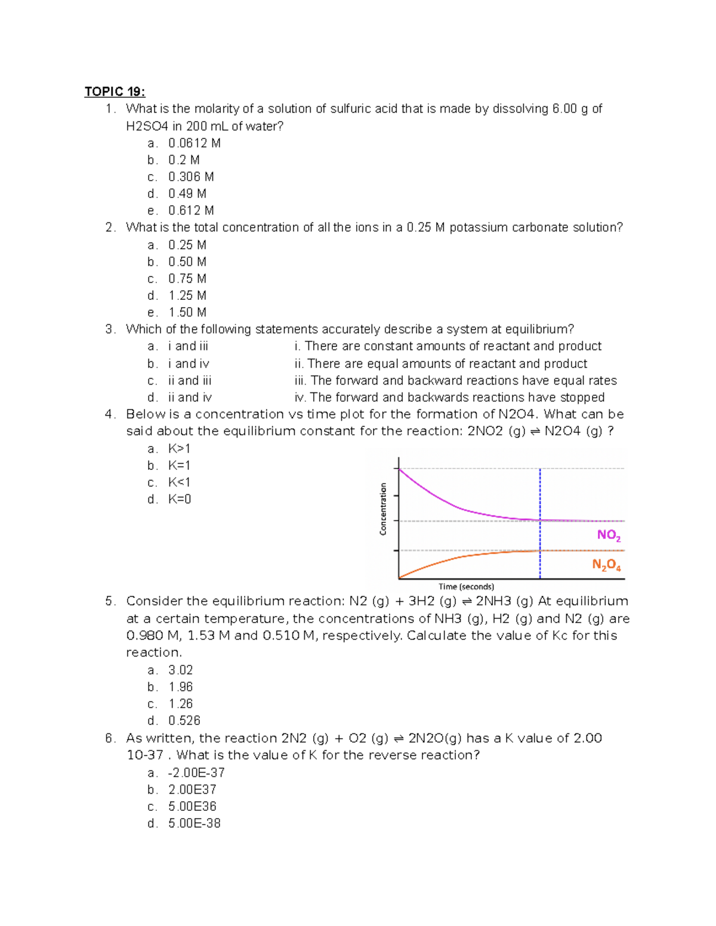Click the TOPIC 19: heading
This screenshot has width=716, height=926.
pyautogui.click(x=115, y=91)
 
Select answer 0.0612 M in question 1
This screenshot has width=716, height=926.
pyautogui.click(x=194, y=143)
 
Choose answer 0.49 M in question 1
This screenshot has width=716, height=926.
pyautogui.click(x=187, y=194)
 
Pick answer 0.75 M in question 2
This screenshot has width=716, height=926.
pyautogui.click(x=187, y=278)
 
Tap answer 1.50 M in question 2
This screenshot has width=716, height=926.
pyautogui.click(x=187, y=312)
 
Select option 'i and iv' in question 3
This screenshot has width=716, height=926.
pyautogui.click(x=189, y=364)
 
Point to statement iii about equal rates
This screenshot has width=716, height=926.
pyautogui.click(x=455, y=380)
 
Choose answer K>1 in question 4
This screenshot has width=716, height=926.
pyautogui.click(x=179, y=448)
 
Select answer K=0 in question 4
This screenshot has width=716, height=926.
pyautogui.click(x=179, y=499)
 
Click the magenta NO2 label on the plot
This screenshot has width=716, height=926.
pyautogui.click(x=609, y=535)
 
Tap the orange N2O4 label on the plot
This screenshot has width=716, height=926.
pyautogui.click(x=606, y=565)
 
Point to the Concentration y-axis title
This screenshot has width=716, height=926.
pyautogui.click(x=383, y=509)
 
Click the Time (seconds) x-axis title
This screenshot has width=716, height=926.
pyautogui.click(x=466, y=587)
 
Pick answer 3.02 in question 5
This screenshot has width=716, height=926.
pyautogui.click(x=180, y=670)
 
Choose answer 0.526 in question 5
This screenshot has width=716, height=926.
pyautogui.click(x=184, y=721)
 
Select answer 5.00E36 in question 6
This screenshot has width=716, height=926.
pyautogui.click(x=192, y=807)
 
